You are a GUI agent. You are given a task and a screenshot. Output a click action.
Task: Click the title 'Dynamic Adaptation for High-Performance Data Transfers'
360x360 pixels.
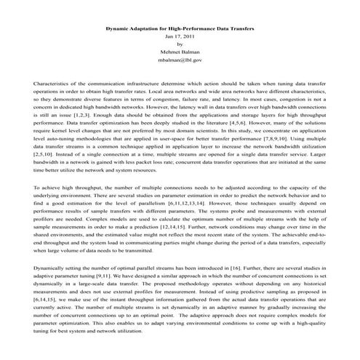click(180, 27)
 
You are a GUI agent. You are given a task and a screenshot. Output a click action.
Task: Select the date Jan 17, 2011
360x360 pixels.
click(180, 35)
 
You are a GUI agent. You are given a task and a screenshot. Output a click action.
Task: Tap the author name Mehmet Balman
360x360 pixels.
click(180, 52)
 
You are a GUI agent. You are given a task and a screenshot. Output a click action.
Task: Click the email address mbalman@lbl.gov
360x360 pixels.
click(180, 60)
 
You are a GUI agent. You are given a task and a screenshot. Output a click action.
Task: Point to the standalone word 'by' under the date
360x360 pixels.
click(180, 44)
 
